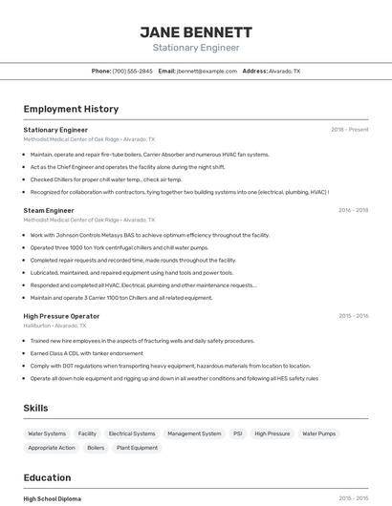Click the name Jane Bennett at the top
point(196,32)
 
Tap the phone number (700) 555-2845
point(132,71)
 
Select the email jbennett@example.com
point(207,71)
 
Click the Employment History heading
point(71,109)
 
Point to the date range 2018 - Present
point(349,130)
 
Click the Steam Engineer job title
point(49,210)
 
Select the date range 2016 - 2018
point(353,210)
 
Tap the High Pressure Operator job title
point(61,316)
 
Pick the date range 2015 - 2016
point(353,316)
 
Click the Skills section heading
point(35,409)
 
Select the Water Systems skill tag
point(47,433)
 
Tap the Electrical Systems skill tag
point(132,433)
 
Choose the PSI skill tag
point(238,433)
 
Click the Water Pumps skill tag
point(319,433)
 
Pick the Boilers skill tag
point(96,448)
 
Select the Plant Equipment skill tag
point(138,448)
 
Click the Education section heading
point(47,477)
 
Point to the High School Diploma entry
point(53,498)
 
